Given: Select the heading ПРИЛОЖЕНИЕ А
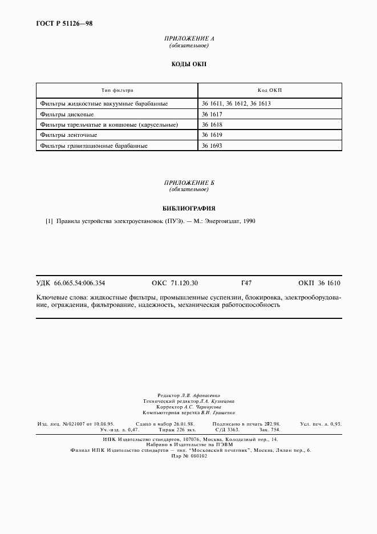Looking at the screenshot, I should [189, 38].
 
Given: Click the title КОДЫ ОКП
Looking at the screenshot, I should [189, 64].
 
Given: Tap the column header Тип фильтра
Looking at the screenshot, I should [117, 90].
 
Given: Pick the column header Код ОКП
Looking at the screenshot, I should [270, 90].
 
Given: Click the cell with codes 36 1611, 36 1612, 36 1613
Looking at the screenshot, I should [236, 104].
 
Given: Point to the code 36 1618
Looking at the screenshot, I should [212, 124].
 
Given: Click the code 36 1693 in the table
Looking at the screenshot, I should [212, 145].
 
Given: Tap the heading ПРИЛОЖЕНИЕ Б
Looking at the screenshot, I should [189, 182].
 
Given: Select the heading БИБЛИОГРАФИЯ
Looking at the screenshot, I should [189, 208].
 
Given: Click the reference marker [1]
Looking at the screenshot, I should [49, 221].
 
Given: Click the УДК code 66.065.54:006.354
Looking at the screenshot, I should [79, 282].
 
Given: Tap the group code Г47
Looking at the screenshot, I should [247, 282].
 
